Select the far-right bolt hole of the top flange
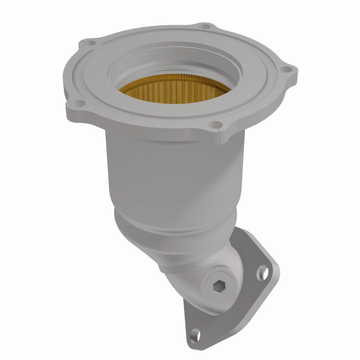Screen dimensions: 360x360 [x=284, y=70]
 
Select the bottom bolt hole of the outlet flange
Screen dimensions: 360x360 [x=194, y=334]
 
